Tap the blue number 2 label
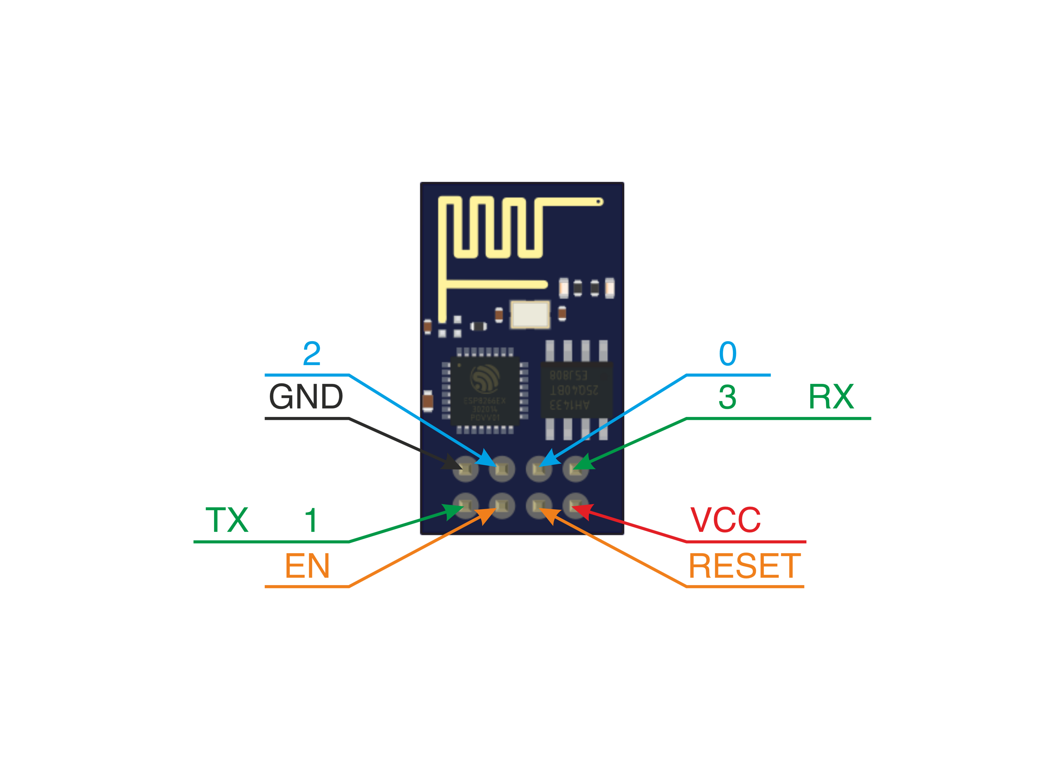312,354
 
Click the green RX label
831,397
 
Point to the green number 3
727,397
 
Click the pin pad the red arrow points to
575,505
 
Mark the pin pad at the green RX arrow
575,469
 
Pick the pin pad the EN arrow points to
502,505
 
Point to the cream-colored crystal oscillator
530,314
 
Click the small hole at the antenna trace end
598,202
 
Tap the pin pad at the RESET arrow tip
539,505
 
